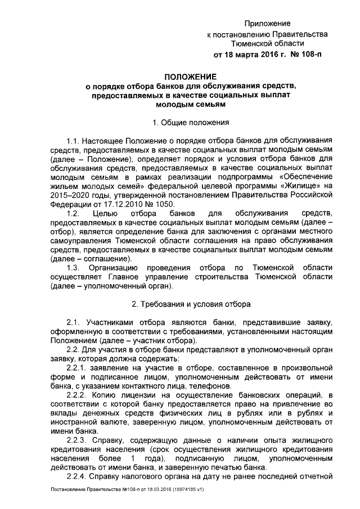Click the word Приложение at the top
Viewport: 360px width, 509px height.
coord(267,24)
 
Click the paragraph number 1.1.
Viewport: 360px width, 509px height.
coord(74,139)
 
